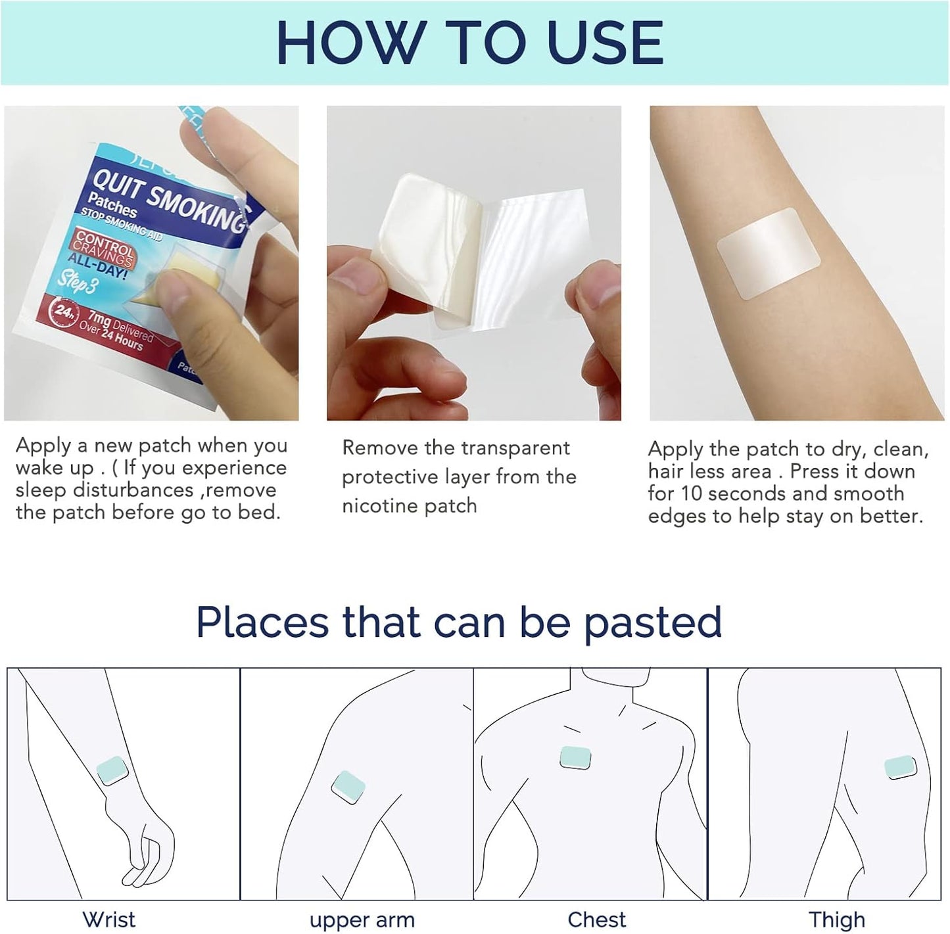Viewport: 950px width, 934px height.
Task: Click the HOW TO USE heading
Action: click(470, 42)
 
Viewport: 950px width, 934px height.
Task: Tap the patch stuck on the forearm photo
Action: click(768, 254)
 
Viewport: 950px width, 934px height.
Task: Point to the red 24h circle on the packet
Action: click(64, 311)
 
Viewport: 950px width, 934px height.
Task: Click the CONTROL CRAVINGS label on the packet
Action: click(104, 248)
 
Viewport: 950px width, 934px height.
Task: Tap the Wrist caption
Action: click(109, 919)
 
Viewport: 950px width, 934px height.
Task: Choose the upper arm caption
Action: click(362, 920)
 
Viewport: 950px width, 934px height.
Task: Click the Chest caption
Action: click(596, 919)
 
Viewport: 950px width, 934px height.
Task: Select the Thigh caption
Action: click(836, 919)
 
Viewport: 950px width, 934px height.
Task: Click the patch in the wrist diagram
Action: click(112, 770)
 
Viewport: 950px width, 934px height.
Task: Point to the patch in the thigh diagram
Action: click(900, 767)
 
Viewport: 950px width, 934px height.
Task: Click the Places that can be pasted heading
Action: click(459, 622)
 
